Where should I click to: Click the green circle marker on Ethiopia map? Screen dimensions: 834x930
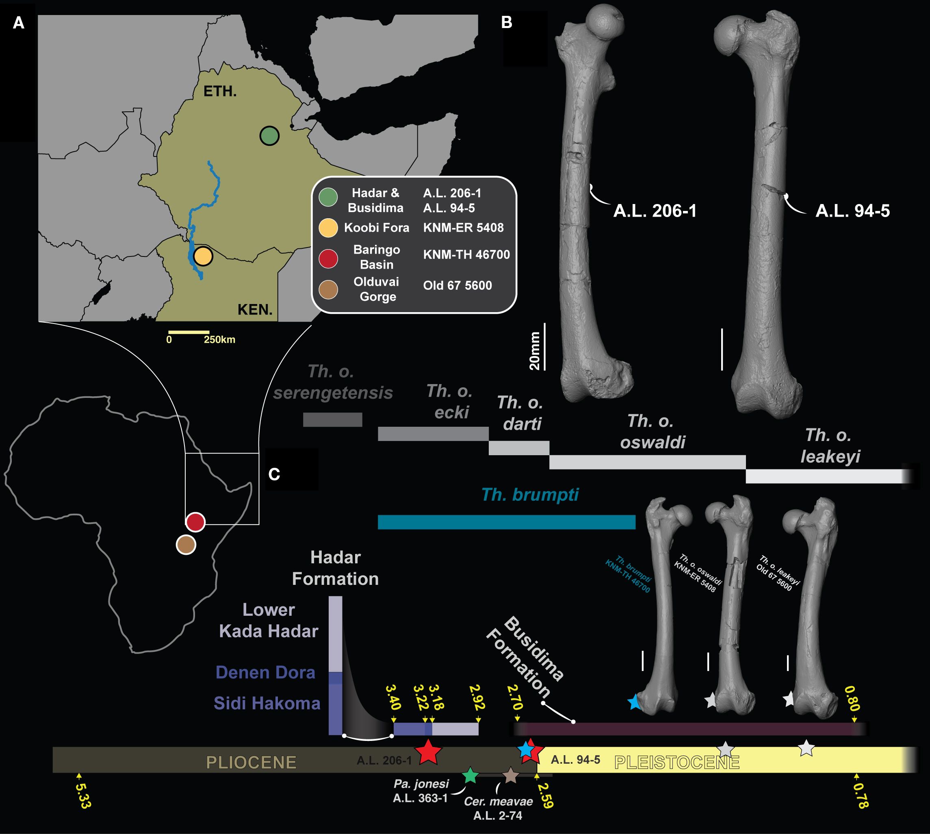tap(269, 136)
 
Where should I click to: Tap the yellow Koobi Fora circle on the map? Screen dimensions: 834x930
tap(203, 256)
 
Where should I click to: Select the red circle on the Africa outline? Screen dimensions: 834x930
tap(195, 522)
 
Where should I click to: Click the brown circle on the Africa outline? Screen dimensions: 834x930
tap(186, 545)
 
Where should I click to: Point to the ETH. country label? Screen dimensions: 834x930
tap(220, 91)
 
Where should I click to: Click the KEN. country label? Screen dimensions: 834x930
tap(255, 310)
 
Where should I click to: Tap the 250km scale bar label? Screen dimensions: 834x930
tap(219, 339)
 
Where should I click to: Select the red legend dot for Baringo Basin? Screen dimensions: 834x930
tap(328, 258)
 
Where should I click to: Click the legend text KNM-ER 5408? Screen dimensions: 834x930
tap(463, 228)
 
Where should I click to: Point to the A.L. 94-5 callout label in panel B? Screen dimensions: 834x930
tap(852, 211)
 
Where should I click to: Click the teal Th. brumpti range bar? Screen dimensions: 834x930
tap(506, 522)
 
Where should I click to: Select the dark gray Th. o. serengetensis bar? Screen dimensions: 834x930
tap(333, 419)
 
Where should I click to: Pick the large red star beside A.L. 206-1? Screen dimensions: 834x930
tap(428, 751)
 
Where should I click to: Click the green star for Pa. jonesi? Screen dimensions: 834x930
tap(470, 775)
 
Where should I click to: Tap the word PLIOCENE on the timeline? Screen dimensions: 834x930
tap(251, 762)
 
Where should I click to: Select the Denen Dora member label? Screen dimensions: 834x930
tap(265, 672)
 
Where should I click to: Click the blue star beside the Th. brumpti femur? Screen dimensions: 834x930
tap(635, 702)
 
